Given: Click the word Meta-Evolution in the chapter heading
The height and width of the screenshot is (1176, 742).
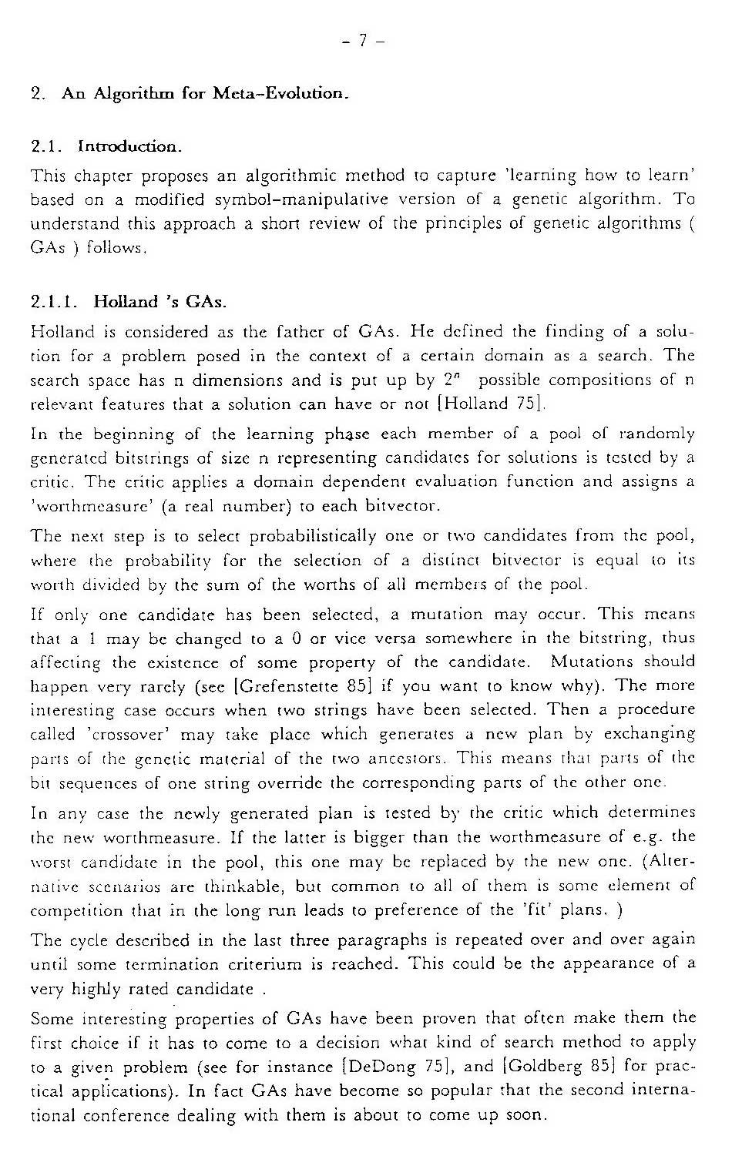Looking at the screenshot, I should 280,94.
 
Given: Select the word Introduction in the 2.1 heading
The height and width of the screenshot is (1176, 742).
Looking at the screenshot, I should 130,146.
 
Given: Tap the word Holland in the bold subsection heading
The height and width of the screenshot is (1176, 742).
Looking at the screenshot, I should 126,301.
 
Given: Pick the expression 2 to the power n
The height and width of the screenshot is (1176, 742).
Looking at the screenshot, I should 449,378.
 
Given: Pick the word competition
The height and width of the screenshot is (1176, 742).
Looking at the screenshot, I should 76,910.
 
